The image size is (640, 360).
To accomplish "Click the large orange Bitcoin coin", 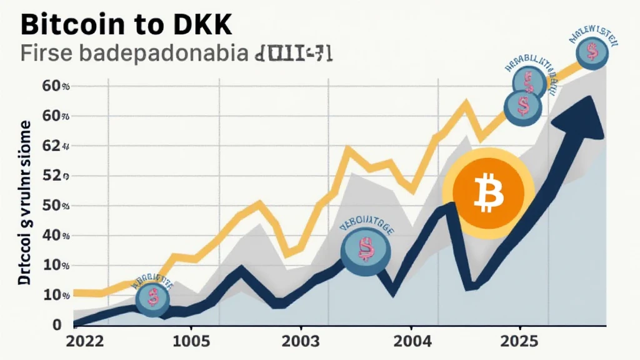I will click(487, 192).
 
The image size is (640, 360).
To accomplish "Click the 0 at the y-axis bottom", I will click(57, 325).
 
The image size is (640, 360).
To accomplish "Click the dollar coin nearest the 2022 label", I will click(153, 297).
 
